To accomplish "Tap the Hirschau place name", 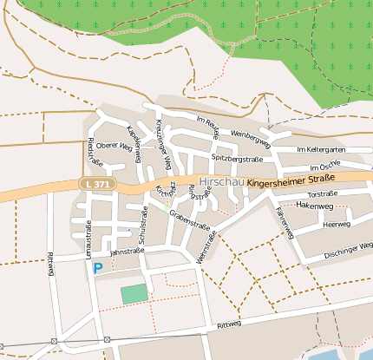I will pos(220,182).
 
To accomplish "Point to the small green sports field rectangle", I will pos(134,294).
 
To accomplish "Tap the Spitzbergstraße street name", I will pos(237,160).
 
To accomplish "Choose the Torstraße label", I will pos(322,193).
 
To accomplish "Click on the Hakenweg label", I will pos(314,206).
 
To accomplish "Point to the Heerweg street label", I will pos(335,224).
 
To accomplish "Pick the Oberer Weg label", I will pos(114,146).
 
